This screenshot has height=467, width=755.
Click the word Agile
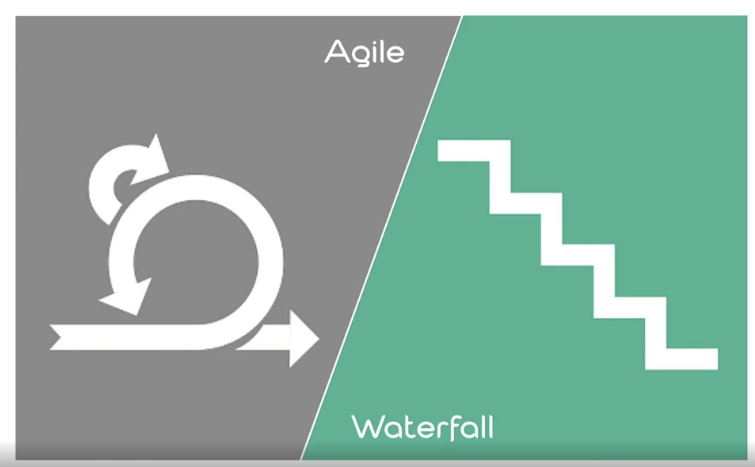[364, 53]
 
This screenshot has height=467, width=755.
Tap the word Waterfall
[422, 427]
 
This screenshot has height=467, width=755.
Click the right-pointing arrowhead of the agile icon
[303, 339]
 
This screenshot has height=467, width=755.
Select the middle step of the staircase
[578, 255]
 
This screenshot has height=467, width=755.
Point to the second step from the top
[525, 203]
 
